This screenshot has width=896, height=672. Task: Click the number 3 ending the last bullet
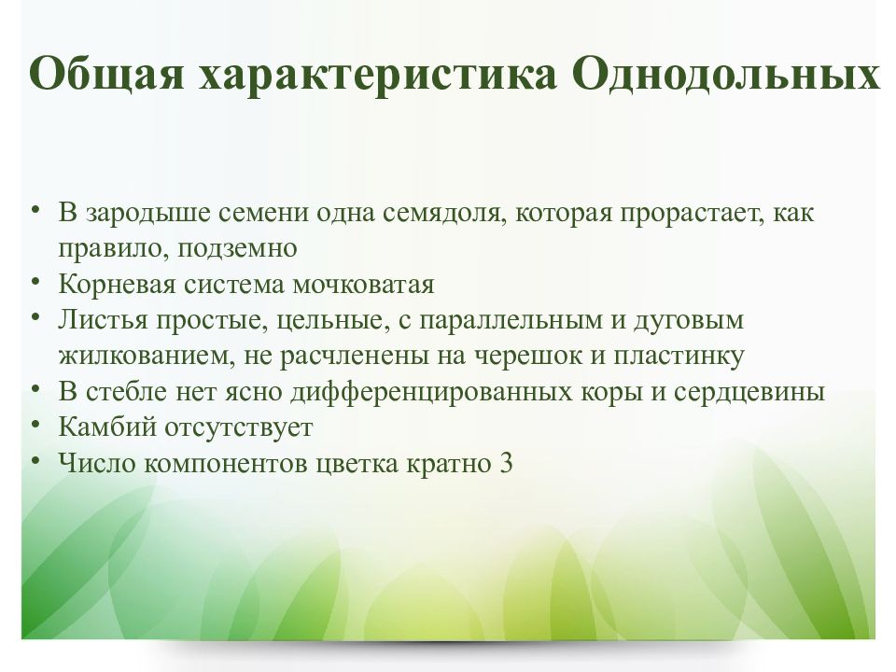(x=506, y=463)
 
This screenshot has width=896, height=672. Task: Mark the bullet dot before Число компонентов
(x=35, y=460)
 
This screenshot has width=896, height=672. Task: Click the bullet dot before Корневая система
(x=35, y=281)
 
